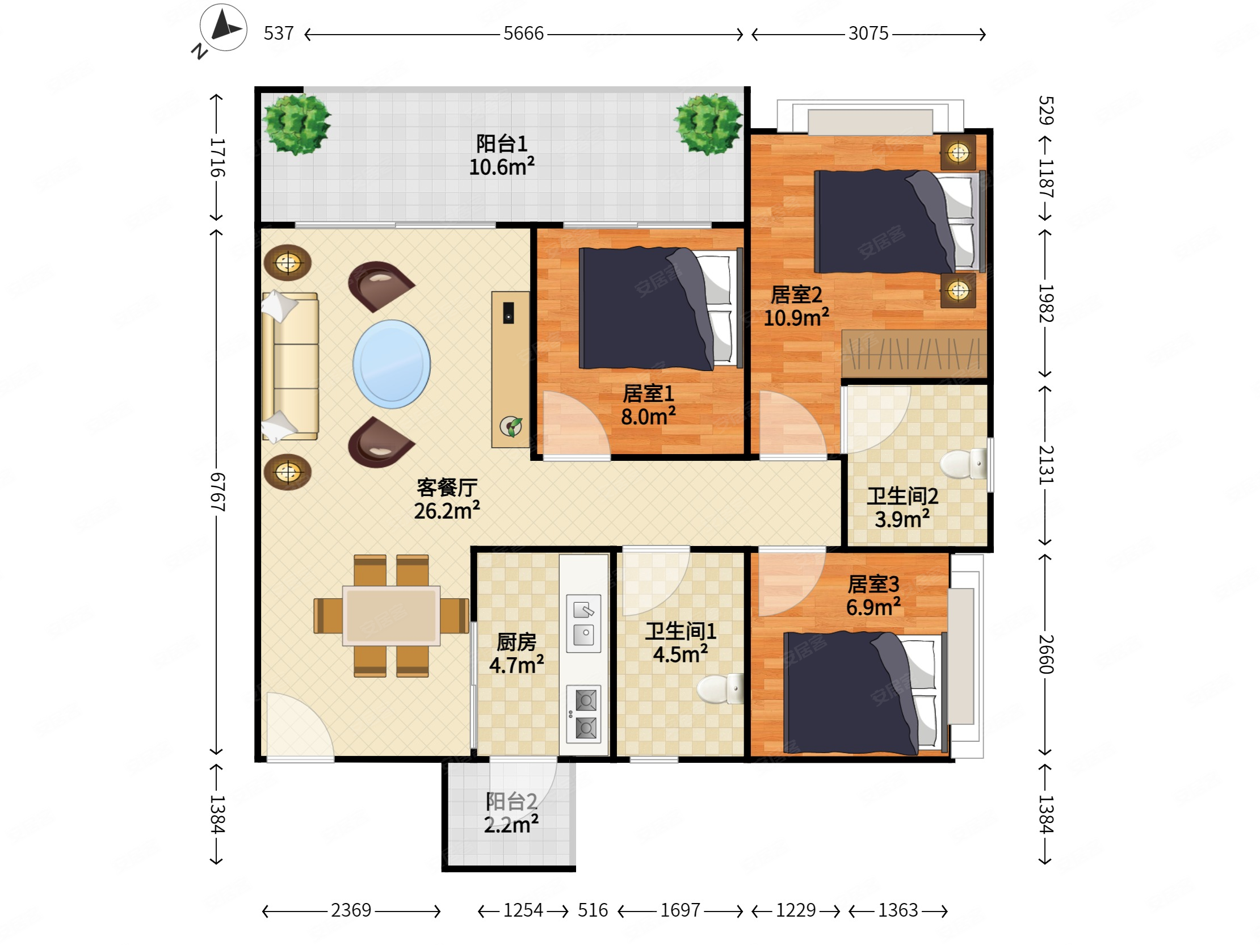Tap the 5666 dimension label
[523, 33]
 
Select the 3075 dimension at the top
[868, 33]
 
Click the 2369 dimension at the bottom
[351, 910]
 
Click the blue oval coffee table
[391, 364]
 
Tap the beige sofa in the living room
[290, 366]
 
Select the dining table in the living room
[391, 616]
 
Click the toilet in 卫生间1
[720, 689]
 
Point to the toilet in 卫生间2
[963, 464]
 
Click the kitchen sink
[583, 623]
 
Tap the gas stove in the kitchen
[584, 715]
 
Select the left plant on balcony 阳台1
[296, 124]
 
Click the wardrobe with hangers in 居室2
[914, 353]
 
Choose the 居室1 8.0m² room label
[648, 405]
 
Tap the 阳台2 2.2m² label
[511, 813]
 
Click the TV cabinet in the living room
[510, 369]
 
